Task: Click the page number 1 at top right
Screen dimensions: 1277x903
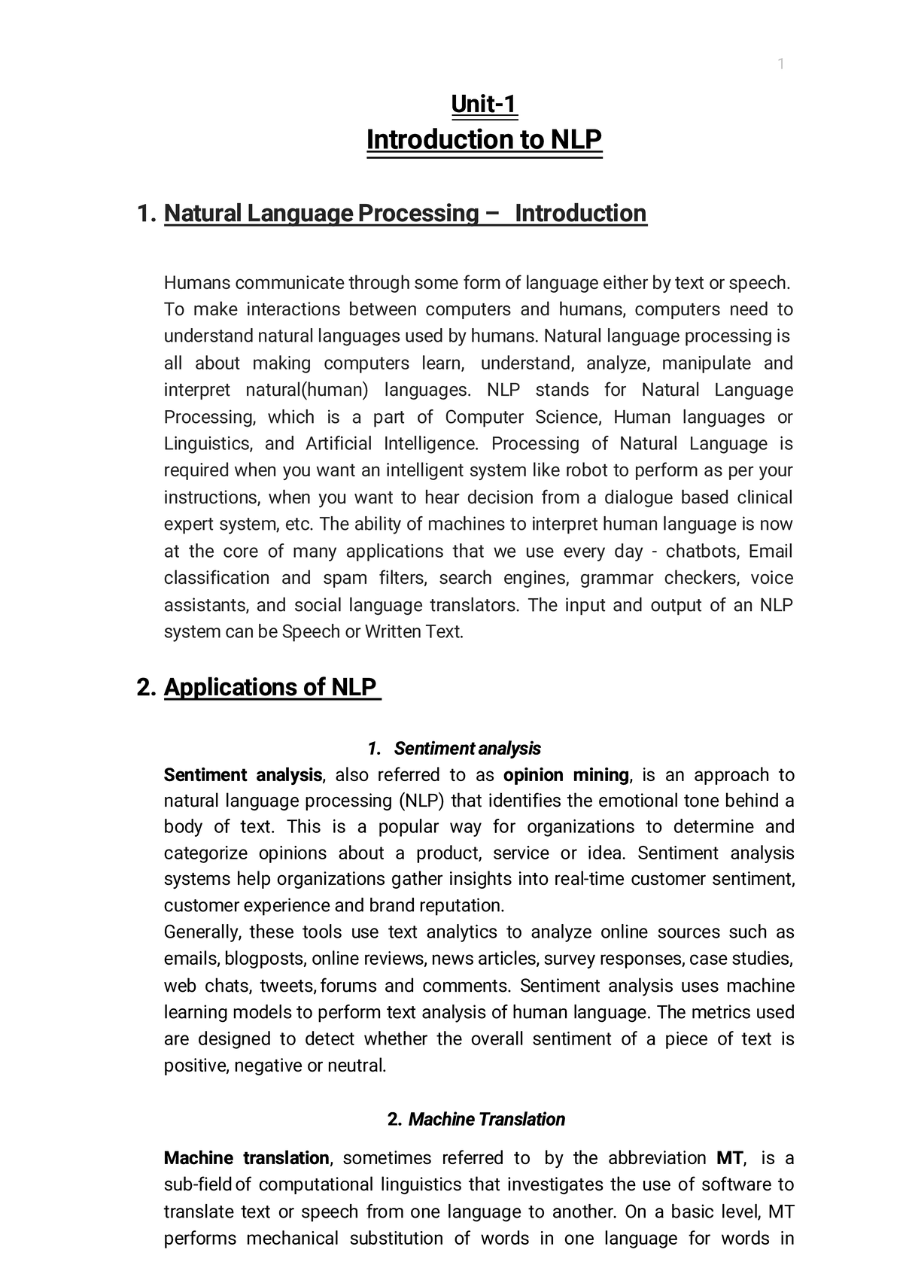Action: click(780, 65)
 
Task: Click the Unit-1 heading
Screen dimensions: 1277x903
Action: click(484, 104)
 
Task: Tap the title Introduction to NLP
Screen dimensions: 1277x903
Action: click(484, 140)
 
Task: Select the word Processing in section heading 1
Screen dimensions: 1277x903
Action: click(417, 214)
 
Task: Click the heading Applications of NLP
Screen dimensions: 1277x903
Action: click(270, 687)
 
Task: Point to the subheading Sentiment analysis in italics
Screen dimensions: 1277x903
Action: click(467, 749)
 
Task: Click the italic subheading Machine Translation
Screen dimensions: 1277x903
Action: click(486, 1119)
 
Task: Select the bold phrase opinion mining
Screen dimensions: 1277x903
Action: click(566, 775)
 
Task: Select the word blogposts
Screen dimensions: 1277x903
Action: click(264, 959)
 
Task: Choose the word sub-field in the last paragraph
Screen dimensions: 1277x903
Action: click(197, 1184)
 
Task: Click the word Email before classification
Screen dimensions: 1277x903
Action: click(771, 552)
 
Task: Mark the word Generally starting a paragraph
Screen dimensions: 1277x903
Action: click(202, 932)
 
